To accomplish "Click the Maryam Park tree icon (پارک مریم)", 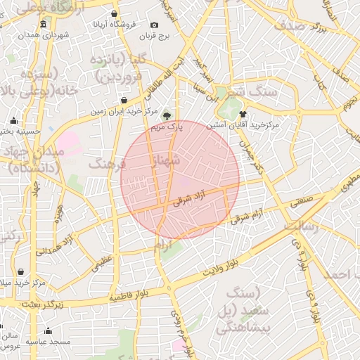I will [167, 117].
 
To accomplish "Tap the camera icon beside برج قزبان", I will [155, 25].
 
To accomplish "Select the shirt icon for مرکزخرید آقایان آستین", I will [243, 114].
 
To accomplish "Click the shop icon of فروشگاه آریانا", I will [115, 13].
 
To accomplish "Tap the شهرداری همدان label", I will [44, 34].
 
